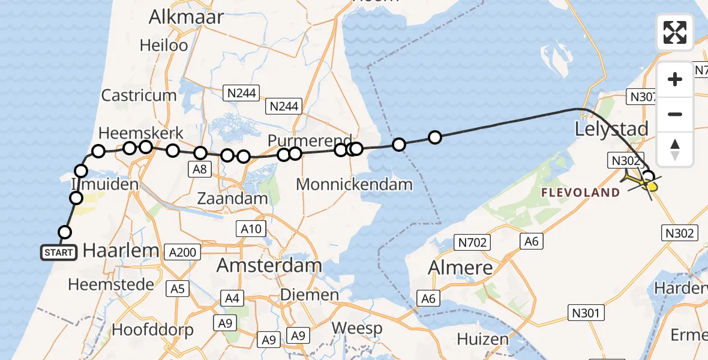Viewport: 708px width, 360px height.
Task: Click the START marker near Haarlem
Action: tap(59, 253)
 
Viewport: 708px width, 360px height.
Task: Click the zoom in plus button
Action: tap(675, 80)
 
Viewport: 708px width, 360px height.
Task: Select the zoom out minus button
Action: tap(675, 114)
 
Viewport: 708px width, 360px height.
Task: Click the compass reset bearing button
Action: tap(675, 149)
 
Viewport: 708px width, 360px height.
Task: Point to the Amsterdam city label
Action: tap(269, 265)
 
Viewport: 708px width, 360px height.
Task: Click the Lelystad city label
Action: tap(611, 129)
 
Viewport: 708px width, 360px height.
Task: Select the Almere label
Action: tap(460, 268)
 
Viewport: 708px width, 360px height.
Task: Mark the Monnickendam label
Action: tap(354, 184)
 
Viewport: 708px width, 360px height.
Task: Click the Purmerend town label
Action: tap(309, 140)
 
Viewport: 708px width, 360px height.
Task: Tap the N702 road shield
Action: tap(472, 242)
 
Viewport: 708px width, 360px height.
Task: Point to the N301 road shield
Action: tap(587, 313)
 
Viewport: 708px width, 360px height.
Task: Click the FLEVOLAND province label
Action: tap(580, 193)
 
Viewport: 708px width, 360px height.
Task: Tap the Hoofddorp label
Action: tap(152, 329)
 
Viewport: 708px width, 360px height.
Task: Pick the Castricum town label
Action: tap(139, 95)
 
